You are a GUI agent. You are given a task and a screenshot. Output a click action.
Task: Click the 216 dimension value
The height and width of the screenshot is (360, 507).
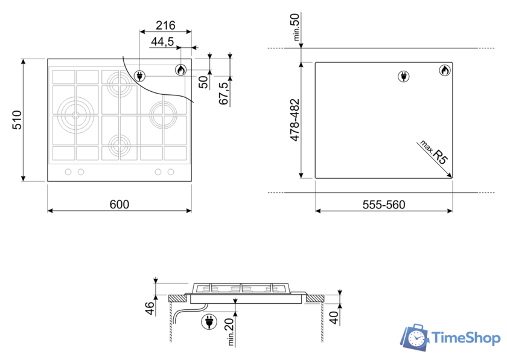coord(165,25)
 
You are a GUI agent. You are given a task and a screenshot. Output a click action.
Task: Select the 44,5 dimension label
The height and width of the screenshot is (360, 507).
coord(162,42)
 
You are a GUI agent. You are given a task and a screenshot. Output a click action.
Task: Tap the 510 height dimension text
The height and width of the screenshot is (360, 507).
coord(17,120)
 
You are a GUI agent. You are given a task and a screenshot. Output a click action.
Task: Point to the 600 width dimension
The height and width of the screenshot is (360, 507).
coord(120,204)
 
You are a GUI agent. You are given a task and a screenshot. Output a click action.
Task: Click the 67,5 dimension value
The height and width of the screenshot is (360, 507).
coord(224,93)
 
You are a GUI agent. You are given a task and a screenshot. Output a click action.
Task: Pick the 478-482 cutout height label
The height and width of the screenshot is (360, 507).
coord(295,120)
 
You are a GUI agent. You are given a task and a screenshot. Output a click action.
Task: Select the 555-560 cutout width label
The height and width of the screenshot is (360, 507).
coord(384,205)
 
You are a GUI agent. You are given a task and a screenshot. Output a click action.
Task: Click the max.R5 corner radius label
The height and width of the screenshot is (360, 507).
coord(433,152)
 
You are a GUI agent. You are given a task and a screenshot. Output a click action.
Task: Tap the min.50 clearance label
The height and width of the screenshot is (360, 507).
coord(296,27)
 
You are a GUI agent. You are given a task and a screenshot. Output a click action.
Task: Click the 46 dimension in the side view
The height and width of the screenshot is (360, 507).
coord(150,308)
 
